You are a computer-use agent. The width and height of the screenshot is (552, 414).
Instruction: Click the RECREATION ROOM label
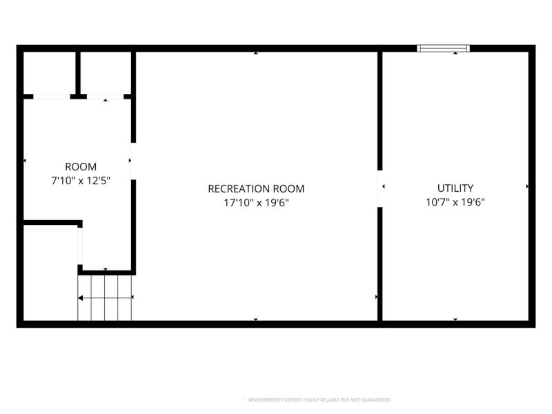point(256,188)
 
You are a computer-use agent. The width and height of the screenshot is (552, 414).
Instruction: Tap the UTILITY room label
point(455,188)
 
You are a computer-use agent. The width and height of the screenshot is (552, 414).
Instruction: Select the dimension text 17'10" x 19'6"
point(256,203)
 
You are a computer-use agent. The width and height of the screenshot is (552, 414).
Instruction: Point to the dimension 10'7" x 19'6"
point(455,202)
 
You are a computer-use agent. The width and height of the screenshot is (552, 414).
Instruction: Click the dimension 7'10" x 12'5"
point(81,181)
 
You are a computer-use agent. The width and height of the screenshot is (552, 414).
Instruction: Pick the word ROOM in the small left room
point(81,166)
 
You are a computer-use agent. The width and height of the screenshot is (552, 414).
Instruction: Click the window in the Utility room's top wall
point(443,48)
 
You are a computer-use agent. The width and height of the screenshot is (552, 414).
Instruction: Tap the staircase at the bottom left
point(105,298)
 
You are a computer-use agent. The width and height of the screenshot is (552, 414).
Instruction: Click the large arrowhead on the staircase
point(80,298)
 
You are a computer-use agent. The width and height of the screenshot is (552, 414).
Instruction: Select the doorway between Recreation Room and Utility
point(380,188)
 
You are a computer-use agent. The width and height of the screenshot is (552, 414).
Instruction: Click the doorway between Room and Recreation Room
point(133,161)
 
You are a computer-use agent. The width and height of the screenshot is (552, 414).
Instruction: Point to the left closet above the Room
point(49,73)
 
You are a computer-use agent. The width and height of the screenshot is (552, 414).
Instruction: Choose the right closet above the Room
point(106,73)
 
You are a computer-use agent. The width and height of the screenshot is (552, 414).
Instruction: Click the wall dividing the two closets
point(78,73)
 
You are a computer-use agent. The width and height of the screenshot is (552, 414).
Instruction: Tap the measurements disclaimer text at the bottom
point(319,400)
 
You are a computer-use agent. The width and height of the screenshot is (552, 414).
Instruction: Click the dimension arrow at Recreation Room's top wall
point(256,53)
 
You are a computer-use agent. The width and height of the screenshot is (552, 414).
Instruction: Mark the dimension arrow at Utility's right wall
point(527,186)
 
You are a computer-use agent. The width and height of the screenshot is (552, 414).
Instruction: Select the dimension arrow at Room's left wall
point(25,161)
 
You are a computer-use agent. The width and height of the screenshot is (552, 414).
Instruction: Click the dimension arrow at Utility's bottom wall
point(455,319)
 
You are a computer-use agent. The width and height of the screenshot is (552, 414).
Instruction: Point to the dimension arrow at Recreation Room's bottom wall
point(256,319)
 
